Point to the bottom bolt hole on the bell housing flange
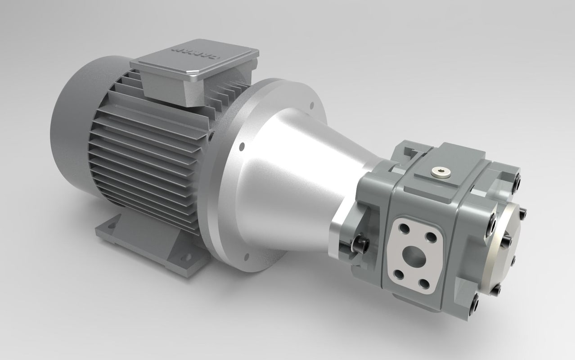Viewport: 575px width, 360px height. [247, 256]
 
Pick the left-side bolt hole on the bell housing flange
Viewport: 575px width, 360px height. [242, 146]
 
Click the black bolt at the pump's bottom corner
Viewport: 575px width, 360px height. [475, 307]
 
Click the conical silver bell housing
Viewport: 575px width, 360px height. [288, 180]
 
